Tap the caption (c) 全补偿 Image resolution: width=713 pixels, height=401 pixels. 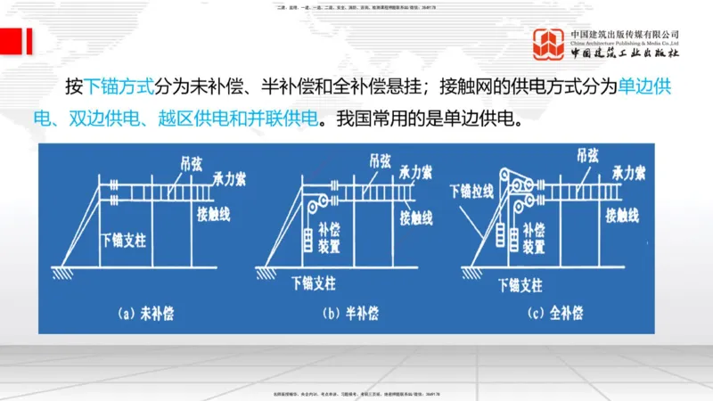(555, 313)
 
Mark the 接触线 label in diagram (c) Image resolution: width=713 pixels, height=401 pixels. (621, 214)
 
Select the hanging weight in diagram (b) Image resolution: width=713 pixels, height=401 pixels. (306, 239)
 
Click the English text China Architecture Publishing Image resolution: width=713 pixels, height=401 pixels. (625, 42)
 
